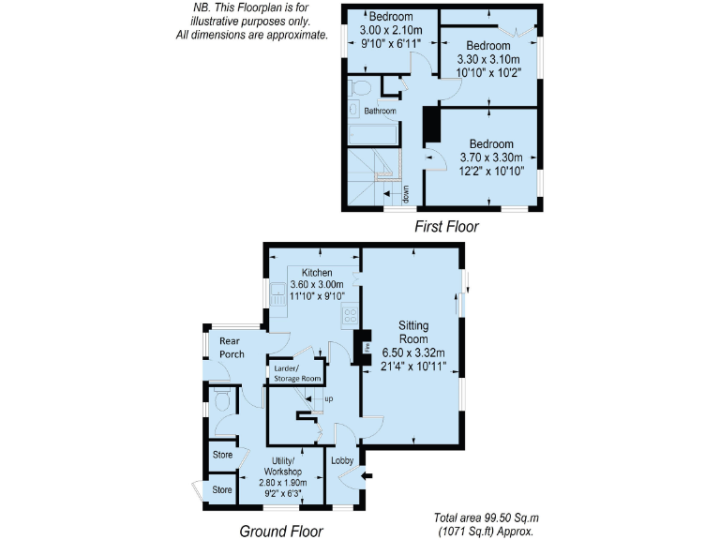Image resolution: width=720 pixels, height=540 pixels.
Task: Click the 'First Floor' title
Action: coord(447,226)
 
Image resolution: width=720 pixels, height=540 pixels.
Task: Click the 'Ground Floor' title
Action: coord(281,532)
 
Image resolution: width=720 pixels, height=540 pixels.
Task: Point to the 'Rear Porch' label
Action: coord(231,348)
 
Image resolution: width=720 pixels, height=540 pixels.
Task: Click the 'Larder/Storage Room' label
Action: coord(297,374)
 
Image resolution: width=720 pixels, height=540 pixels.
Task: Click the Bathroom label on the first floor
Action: coord(380,111)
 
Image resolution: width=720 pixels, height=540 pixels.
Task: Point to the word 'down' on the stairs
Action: coord(406,194)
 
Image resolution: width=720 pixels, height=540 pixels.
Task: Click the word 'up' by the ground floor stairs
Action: coord(328,399)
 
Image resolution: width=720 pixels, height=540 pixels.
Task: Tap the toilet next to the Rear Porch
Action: coord(222,401)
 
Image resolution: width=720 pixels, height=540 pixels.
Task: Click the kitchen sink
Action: coord(278,298)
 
